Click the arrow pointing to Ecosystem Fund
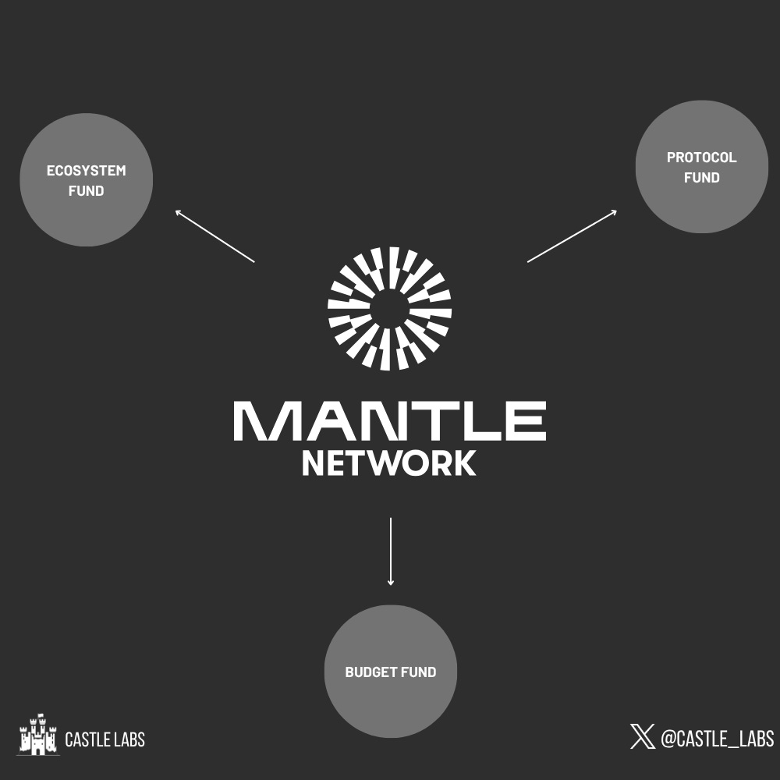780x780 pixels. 215,236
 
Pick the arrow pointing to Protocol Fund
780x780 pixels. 572,236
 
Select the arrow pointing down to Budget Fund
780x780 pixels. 390,550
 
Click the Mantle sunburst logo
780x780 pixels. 389,308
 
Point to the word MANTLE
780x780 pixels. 389,421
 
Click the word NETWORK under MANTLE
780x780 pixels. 388,463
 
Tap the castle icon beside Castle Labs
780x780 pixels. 37,735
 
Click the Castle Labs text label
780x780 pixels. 105,739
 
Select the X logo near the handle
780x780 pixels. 643,736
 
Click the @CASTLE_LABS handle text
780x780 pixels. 717,738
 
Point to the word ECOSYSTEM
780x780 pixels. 86,171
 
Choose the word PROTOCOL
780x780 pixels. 701,158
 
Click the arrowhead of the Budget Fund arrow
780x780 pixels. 390,582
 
